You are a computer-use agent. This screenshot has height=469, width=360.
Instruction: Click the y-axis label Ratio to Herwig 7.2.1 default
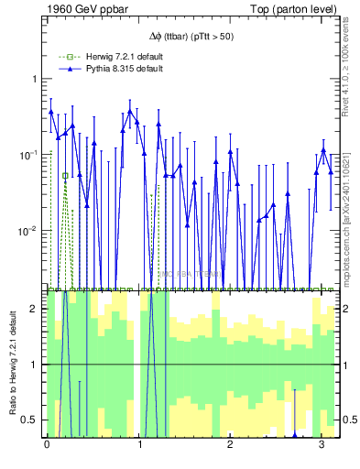(x=15, y=365)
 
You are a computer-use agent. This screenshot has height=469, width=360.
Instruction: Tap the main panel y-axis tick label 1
(x=35, y=79)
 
